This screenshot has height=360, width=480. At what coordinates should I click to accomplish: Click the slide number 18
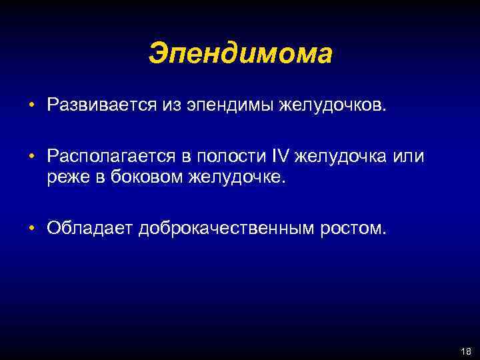click(464, 351)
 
